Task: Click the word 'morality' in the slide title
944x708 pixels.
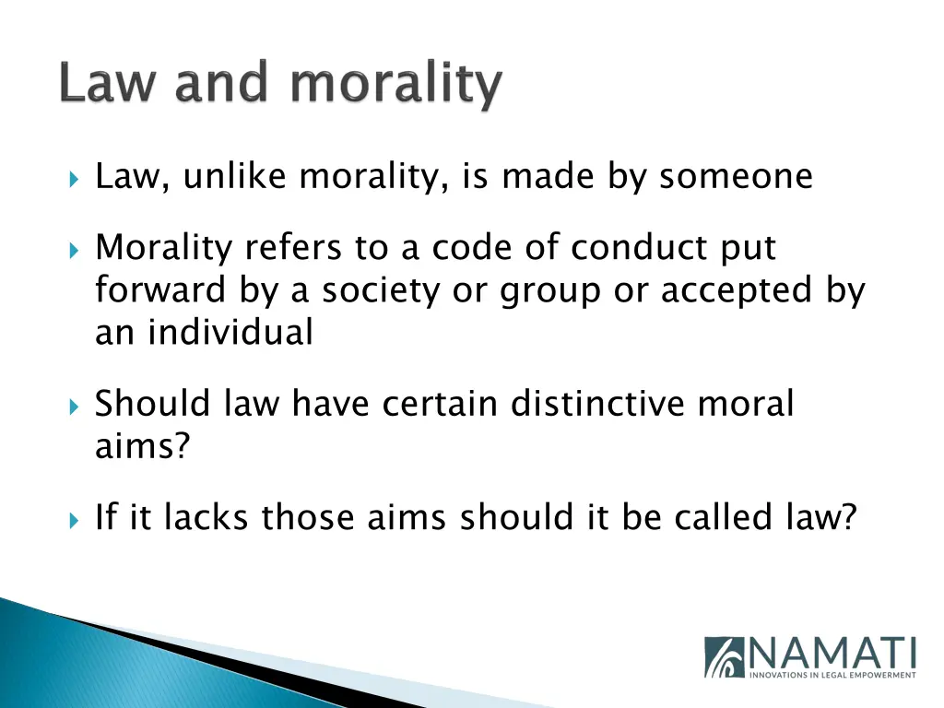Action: click(x=396, y=86)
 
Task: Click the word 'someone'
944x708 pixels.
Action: click(x=736, y=176)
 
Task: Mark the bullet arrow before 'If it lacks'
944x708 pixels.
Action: click(x=75, y=519)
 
